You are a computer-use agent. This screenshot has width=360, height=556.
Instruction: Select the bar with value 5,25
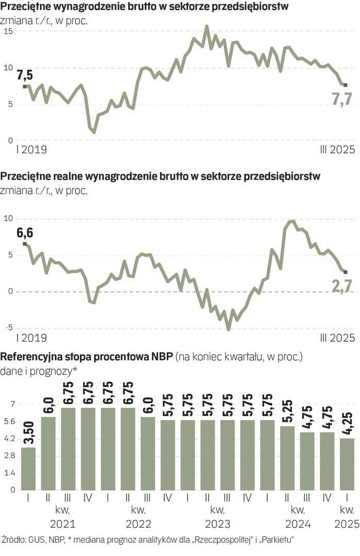[x=287, y=458]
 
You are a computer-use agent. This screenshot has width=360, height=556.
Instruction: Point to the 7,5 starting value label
[x=25, y=75]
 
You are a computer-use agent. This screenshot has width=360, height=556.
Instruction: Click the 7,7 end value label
[x=341, y=99]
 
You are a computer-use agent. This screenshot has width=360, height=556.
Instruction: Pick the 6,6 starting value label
[x=25, y=233]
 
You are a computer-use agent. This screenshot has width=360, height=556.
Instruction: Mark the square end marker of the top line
[x=346, y=85]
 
